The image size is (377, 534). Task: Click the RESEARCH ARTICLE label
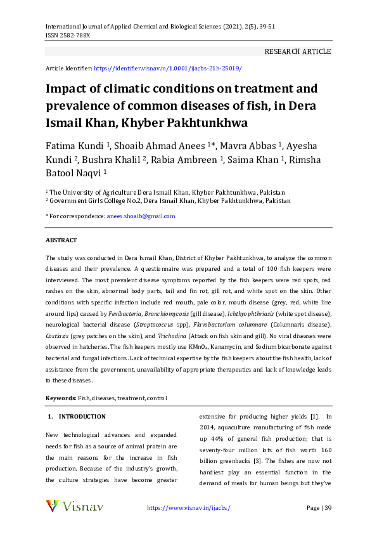[x=297, y=51]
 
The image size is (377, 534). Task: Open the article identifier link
[x=167, y=67]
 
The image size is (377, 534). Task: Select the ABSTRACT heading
[x=61, y=240]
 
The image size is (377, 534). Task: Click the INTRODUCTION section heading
[x=82, y=417]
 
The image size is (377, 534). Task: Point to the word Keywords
[x=60, y=398]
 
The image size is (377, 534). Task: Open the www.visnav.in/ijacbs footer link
[x=188, y=508]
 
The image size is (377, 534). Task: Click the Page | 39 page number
[x=319, y=508]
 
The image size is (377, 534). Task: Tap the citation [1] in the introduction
[x=314, y=417]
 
